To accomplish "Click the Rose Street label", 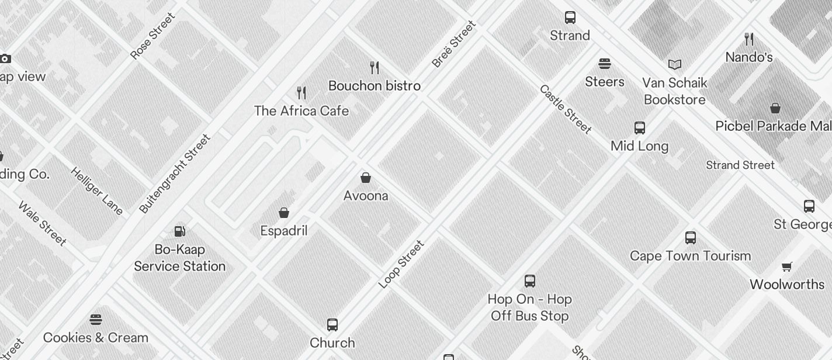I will click(x=153, y=36).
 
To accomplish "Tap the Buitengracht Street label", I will click(x=175, y=174).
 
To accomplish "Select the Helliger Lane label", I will click(x=96, y=191).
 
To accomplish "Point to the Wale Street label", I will click(x=42, y=223).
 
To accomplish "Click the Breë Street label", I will click(x=454, y=44).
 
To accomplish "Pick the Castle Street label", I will click(x=565, y=109).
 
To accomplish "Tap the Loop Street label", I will click(x=401, y=264).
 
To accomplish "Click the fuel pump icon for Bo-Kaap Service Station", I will click(x=180, y=231).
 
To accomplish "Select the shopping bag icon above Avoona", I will click(x=366, y=178).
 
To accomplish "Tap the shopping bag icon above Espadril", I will click(x=284, y=213).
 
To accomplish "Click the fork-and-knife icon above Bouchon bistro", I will click(x=375, y=68).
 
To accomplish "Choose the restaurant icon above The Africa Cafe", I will click(x=301, y=92).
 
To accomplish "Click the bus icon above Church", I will click(x=332, y=325).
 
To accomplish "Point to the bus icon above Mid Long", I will click(x=640, y=128).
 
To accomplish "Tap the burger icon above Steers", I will click(x=605, y=64).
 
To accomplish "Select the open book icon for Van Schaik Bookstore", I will click(x=675, y=65).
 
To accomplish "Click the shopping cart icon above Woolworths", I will click(x=787, y=267).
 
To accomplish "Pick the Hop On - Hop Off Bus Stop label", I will click(x=530, y=307).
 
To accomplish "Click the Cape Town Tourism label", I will click(x=690, y=256).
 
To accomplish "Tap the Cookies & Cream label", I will click(x=96, y=338).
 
